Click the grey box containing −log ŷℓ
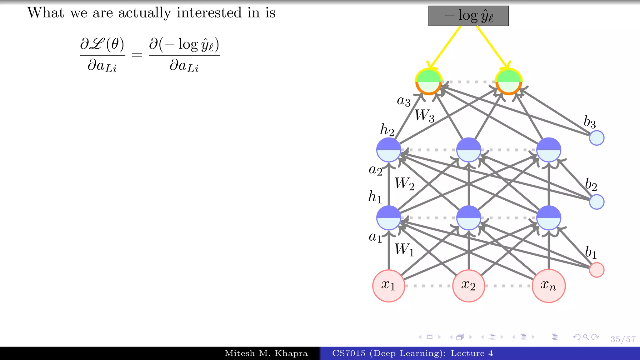tap(468, 16)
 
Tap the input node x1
tap(388, 286)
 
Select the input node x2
tap(468, 286)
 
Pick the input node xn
tap(548, 286)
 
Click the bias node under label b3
tap(597, 138)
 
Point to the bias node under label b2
tap(597, 202)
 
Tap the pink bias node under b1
tap(597, 270)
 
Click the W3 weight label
tap(424, 116)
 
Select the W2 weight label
tap(404, 183)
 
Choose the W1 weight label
tap(404, 250)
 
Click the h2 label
tap(387, 129)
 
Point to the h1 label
tap(375, 197)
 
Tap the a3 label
tap(403, 101)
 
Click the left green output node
tap(428, 82)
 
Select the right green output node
tap(508, 82)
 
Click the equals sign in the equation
tap(137, 56)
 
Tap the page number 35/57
tap(623, 339)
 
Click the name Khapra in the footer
tap(291, 353)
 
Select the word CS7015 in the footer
tap(348, 353)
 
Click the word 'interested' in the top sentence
tap(209, 13)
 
